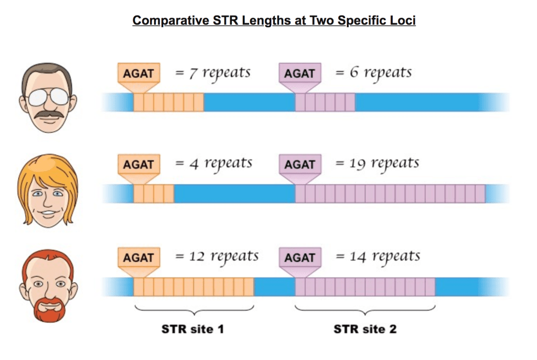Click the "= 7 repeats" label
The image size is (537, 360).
pyautogui.click(x=212, y=73)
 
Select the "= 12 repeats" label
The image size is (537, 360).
pyautogui.click(x=217, y=257)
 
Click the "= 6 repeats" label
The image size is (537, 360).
pyautogui.click(x=373, y=73)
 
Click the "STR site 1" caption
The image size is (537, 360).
pyautogui.click(x=192, y=329)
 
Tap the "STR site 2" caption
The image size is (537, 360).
pyautogui.click(x=365, y=329)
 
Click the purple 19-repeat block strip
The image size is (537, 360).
pyautogui.click(x=390, y=194)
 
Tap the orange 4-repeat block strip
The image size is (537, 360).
pyautogui.click(x=154, y=194)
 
